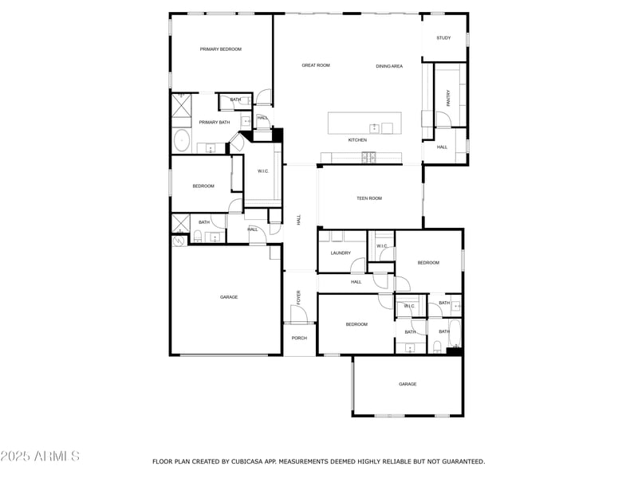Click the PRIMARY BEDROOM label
pos(220,49)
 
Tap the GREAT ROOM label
pos(315,65)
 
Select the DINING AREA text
pos(389,66)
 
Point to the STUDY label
pos(443,38)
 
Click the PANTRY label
pos(448,97)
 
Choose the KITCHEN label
pos(357,140)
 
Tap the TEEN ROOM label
pos(368,198)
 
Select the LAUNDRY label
pos(341,253)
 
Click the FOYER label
pos(299,298)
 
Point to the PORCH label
pos(299,338)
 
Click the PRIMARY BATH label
pos(215,122)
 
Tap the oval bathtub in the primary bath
pos(181,141)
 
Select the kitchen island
pos(364,123)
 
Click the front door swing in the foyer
pos(300,315)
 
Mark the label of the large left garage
pos(229,297)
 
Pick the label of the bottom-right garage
pos(408,384)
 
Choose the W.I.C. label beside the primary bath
pos(262,171)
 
